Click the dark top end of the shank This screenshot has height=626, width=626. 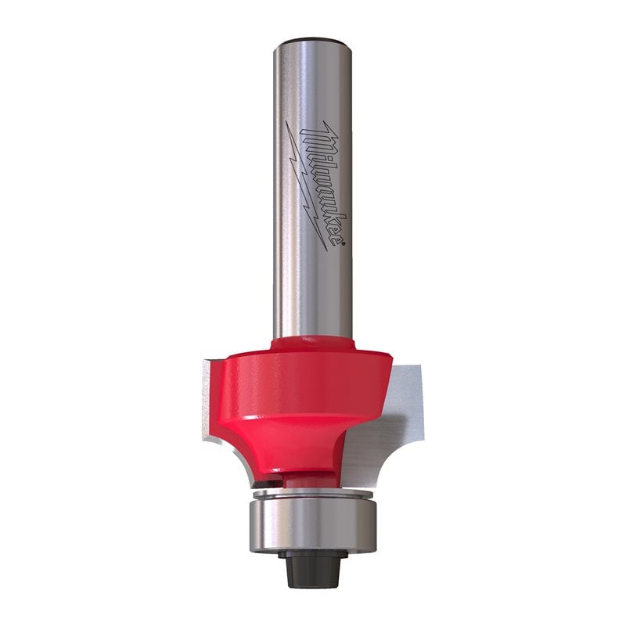coord(312,39)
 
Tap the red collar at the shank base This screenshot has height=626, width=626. coord(312,344)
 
